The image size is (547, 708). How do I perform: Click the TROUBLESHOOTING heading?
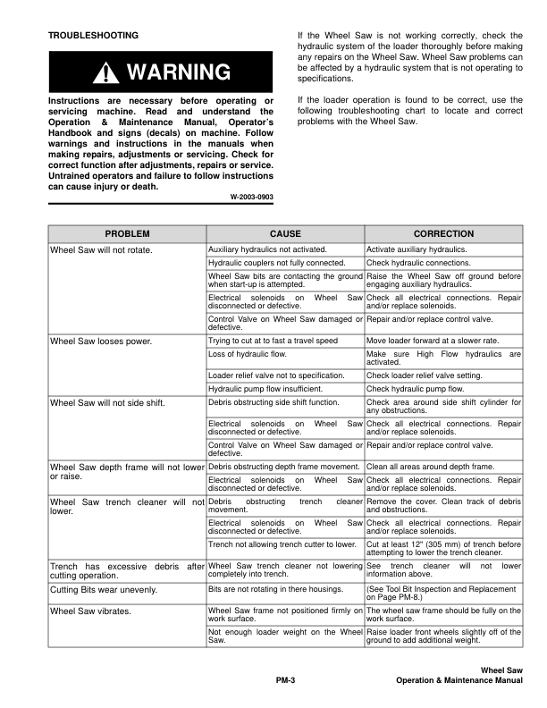[94, 35]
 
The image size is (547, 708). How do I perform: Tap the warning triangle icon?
[110, 72]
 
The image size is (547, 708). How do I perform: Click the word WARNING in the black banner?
[179, 72]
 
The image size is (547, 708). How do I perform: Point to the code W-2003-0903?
[251, 195]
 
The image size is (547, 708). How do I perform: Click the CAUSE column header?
[285, 232]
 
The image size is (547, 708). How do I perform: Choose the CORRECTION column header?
[443, 232]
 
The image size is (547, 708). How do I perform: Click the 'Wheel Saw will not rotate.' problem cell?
[101, 249]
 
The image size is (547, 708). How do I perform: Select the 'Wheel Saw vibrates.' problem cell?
[91, 611]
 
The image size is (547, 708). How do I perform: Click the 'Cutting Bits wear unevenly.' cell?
[104, 590]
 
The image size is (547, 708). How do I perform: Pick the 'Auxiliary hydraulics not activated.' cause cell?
[266, 249]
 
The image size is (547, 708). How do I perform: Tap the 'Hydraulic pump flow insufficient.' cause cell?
[265, 389]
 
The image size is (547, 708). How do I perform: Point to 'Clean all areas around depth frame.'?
[431, 467]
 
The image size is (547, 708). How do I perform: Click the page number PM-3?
[285, 681]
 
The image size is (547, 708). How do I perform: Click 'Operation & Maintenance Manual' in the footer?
[459, 681]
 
